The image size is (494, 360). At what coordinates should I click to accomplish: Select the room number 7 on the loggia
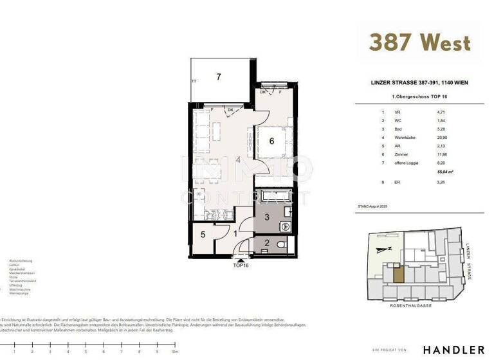(219, 77)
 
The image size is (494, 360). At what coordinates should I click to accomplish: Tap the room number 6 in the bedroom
(271, 141)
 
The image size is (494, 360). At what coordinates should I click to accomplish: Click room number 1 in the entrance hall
(236, 235)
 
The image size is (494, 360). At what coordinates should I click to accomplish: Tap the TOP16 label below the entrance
(242, 264)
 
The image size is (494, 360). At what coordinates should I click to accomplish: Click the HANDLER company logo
(453, 349)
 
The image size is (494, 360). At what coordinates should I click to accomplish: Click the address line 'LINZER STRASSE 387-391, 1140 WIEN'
(419, 82)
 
